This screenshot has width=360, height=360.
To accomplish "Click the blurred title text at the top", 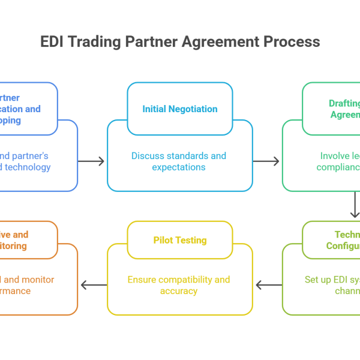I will click(x=180, y=43).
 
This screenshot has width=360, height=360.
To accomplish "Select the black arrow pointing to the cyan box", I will click(x=91, y=160).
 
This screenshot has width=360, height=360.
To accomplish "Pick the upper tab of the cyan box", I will click(x=180, y=96).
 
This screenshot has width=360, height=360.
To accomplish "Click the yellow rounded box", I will click(x=180, y=270).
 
